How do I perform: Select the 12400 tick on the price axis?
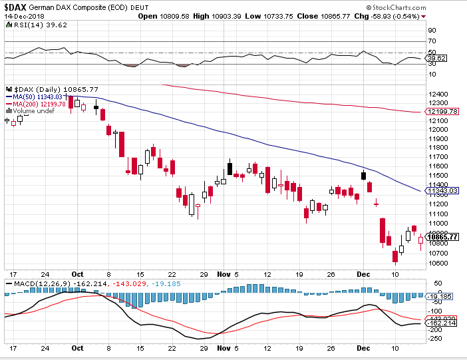tap(436, 93)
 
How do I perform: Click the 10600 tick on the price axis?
tap(436, 263)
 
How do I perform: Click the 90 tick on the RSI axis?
tap(431, 31)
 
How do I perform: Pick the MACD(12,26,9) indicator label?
tap(33, 284)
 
